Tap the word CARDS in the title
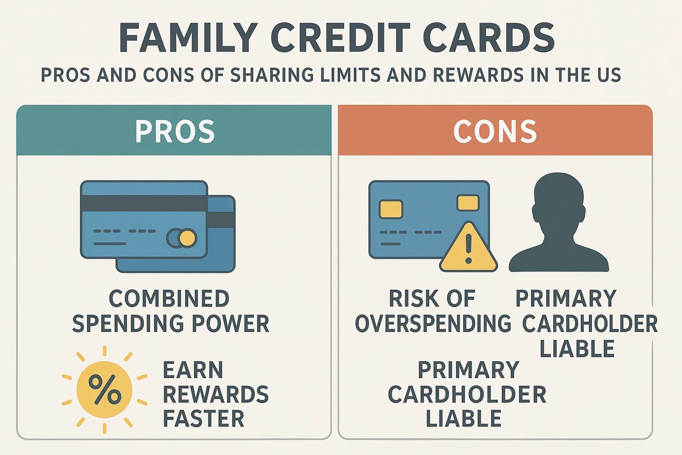488,38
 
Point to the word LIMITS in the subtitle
350,75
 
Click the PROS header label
175,132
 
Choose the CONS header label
495,132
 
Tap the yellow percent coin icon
104,390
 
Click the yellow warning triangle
468,247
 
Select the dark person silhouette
559,222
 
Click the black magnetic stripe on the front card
144,204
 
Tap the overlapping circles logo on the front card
182,238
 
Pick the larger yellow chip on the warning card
391,209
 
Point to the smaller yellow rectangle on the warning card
468,203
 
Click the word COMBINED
169,299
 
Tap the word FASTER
204,419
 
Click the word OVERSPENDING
433,323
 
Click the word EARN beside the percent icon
193,370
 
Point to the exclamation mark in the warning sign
468,248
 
